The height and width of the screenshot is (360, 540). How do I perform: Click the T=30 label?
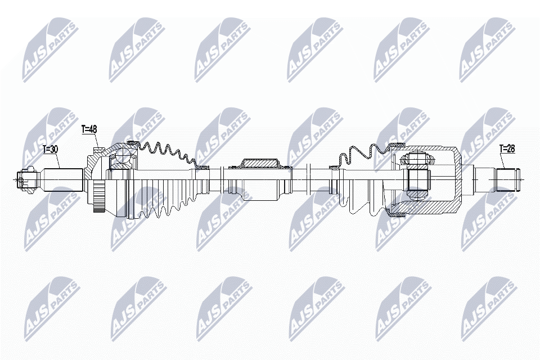point(50,150)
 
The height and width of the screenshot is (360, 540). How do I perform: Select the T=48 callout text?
point(89,129)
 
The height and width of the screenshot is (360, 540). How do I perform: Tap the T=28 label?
point(507,149)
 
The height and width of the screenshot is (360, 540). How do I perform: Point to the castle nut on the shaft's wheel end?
point(26,179)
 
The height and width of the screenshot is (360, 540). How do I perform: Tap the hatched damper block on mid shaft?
point(260,163)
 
